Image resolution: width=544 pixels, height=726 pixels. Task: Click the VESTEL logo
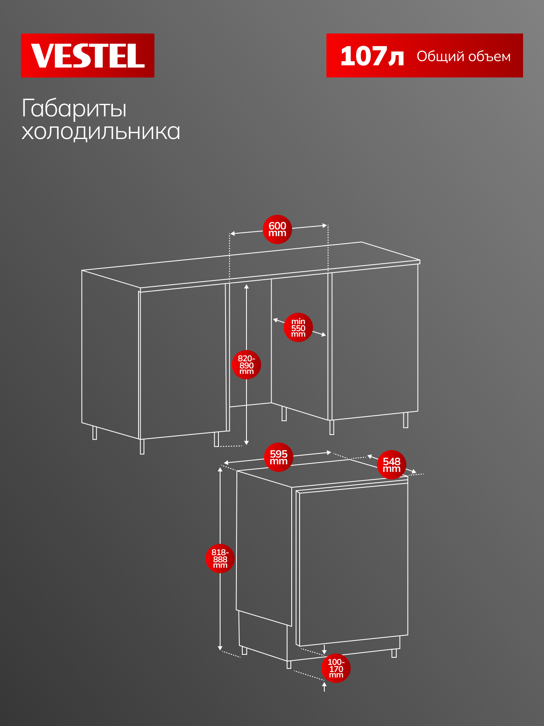coord(87,55)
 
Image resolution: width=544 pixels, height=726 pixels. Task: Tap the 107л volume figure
coord(372,56)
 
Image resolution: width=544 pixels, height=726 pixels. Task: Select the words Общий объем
coord(464,57)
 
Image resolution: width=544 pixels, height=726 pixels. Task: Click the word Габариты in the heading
coord(74,109)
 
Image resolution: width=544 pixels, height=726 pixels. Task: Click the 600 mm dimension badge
coord(277,229)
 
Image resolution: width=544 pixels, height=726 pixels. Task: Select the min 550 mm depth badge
coord(298,327)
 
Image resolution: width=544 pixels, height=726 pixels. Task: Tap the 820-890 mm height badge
coord(246,365)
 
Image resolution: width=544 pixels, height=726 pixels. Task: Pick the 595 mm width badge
coord(279,457)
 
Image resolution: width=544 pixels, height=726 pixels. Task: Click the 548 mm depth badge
coord(392,465)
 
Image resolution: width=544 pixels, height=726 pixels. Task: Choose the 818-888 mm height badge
coord(220,559)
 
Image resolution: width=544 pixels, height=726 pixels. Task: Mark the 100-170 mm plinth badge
coord(336,668)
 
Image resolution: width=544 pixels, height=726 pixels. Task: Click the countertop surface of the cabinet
coord(251,265)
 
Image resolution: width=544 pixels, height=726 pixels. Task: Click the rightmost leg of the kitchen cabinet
coord(405,420)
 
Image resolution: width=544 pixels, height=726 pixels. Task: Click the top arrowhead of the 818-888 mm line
coord(220,470)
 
